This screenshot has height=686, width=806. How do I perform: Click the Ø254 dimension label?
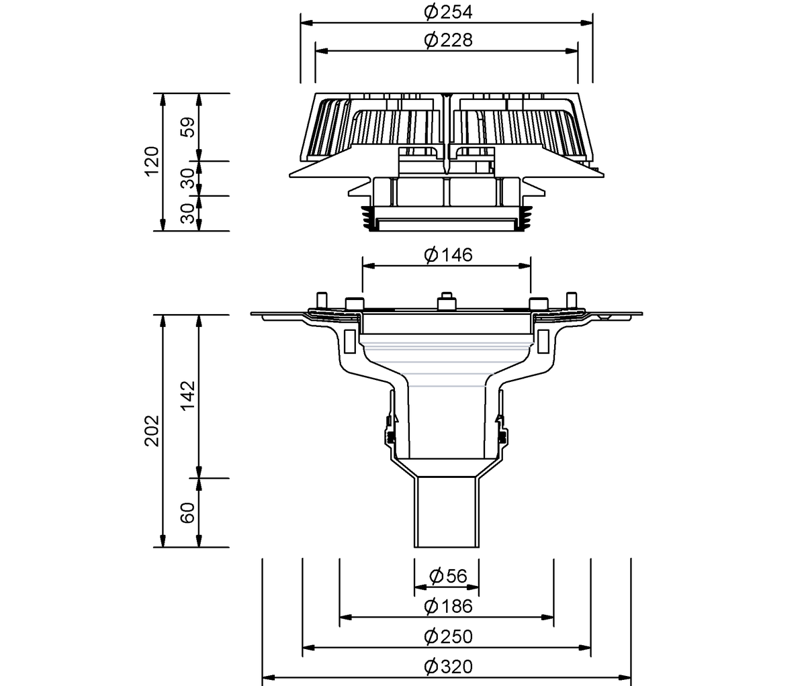[x=448, y=12]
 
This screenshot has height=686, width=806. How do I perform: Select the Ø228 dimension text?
[x=448, y=40]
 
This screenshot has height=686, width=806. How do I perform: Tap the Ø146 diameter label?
[x=448, y=255]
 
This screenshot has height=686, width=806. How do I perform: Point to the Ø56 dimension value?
[x=447, y=576]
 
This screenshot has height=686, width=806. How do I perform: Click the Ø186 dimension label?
[x=448, y=606]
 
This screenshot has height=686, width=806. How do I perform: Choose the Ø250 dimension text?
[x=448, y=636]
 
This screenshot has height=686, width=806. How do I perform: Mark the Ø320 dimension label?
[x=448, y=667]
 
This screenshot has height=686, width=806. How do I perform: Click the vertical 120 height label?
[x=152, y=161]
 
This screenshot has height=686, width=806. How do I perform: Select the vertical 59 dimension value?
[x=188, y=127]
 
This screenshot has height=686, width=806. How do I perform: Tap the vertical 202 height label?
[x=152, y=431]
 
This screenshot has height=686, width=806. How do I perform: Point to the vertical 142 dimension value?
[x=188, y=395]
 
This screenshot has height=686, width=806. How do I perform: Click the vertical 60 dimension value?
[x=188, y=513]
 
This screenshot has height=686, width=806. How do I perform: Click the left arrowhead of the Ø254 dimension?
[x=306, y=23]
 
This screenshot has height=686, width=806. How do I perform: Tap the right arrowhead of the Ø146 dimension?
[x=525, y=266]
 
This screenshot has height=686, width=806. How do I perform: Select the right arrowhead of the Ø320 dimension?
[x=625, y=677]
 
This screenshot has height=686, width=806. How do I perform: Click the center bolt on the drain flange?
[x=447, y=301]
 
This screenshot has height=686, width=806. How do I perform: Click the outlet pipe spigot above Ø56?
[x=447, y=511]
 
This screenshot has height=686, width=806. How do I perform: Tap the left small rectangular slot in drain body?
[x=350, y=342]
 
